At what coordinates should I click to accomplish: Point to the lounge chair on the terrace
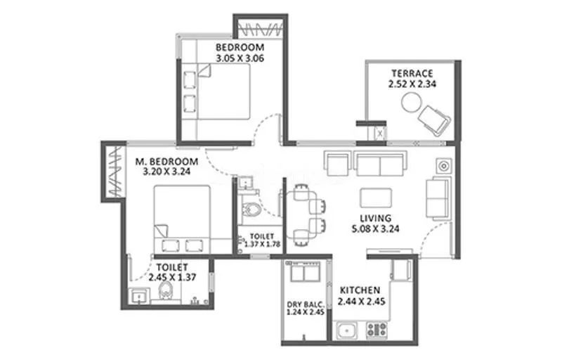point(434,120)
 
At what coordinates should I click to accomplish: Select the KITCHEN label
point(360,290)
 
